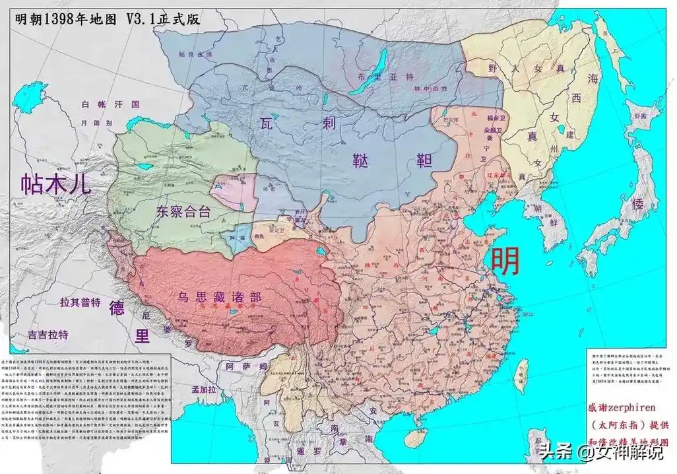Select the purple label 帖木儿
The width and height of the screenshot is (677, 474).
55,183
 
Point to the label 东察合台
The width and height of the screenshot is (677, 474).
184,211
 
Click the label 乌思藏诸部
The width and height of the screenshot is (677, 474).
219,296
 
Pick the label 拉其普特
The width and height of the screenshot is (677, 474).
80,303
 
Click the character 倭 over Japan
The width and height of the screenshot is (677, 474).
637,204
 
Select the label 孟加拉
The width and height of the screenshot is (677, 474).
203,390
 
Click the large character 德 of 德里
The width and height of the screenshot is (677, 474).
116,308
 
